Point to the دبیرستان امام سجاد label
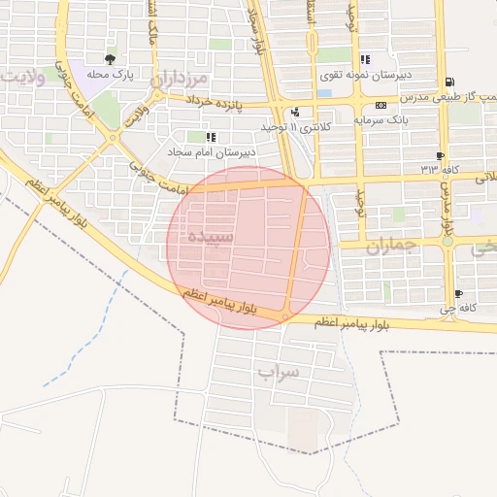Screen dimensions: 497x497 click(x=210, y=151)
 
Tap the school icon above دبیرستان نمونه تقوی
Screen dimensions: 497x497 click(x=364, y=59)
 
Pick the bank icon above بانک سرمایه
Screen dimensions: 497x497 click(x=381, y=105)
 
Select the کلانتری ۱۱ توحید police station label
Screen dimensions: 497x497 click(x=296, y=127)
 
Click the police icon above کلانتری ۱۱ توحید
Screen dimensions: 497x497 click(x=295, y=113)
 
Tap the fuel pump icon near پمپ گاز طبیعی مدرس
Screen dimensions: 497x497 click(x=447, y=83)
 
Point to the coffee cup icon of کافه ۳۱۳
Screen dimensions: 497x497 click(x=442, y=155)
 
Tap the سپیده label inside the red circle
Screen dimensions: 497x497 click(x=211, y=237)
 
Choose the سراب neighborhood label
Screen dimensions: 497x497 click(x=280, y=372)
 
